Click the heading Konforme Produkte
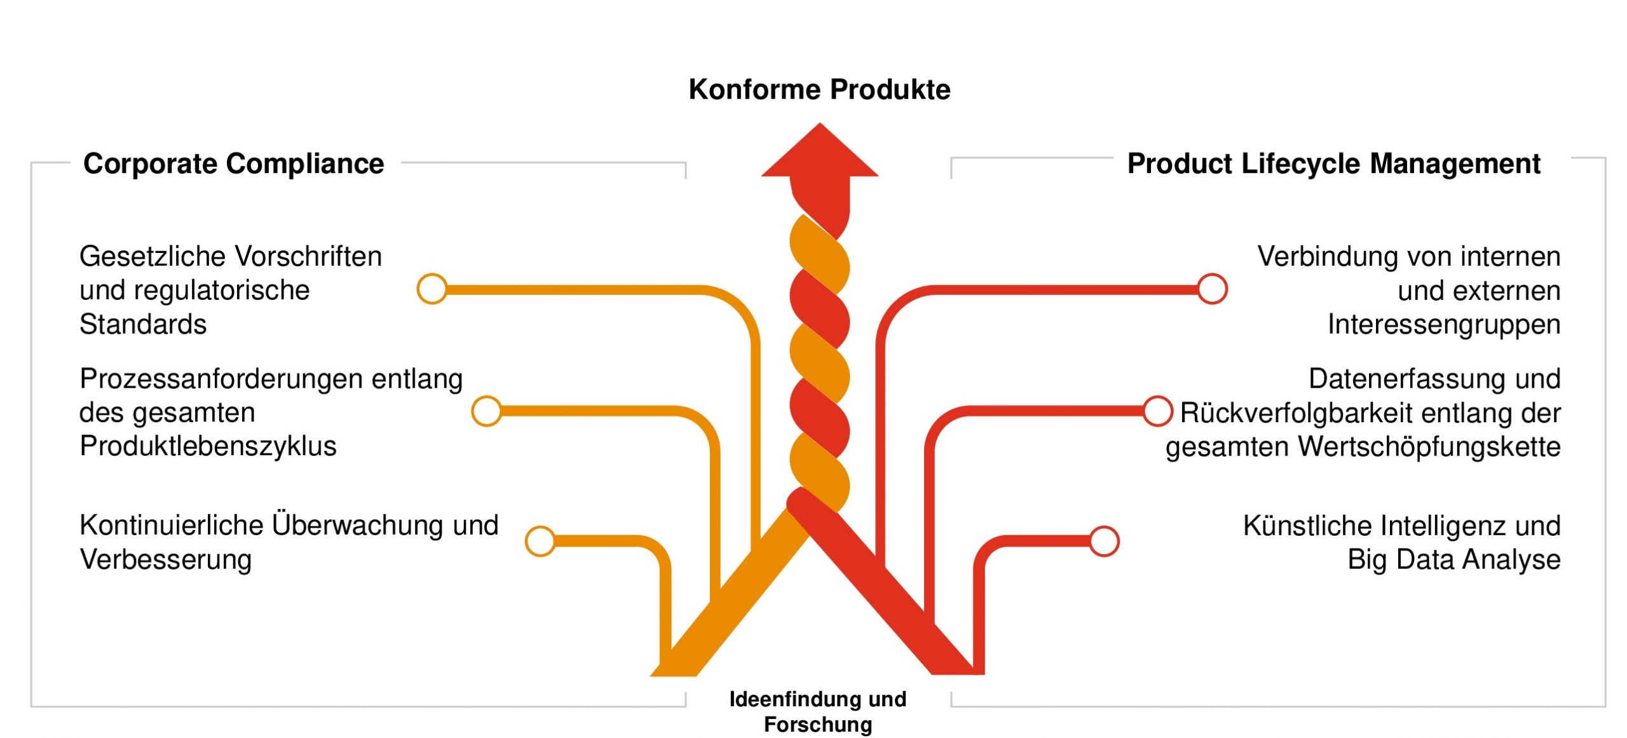819,90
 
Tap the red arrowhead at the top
820,153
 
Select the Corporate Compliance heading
233,164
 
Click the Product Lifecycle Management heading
1333,164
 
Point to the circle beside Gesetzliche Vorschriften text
432,289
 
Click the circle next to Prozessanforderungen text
487,411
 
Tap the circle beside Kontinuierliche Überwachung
540,541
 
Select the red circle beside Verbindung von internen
1212,289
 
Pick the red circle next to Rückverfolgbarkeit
1157,411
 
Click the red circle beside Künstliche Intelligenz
1104,541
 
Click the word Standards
143,325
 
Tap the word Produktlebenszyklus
208,446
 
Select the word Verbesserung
166,560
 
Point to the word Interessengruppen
1444,325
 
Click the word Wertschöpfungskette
1429,447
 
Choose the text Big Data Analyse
1454,560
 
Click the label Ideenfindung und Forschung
818,711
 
